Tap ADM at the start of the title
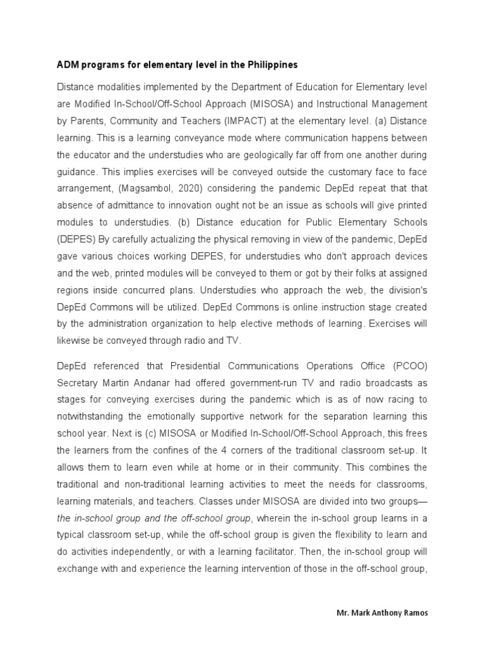(66, 65)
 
